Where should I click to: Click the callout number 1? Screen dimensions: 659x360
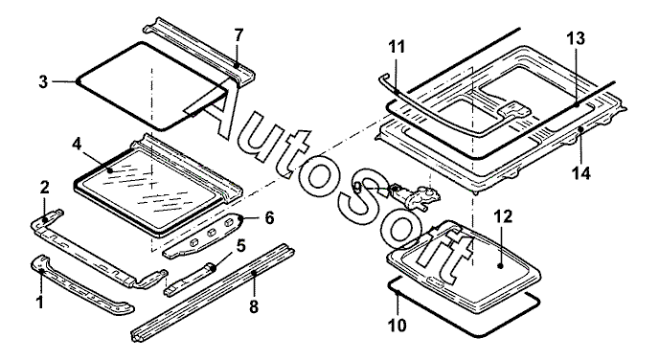pyautogui.click(x=40, y=302)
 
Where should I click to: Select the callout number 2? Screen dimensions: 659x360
pyautogui.click(x=45, y=188)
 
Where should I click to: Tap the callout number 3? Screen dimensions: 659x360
pyautogui.click(x=43, y=82)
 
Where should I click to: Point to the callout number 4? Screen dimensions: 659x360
pyautogui.click(x=77, y=144)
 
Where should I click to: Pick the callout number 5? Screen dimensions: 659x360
pyautogui.click(x=240, y=246)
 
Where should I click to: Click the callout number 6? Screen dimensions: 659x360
pyautogui.click(x=269, y=218)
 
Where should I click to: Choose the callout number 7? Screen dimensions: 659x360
pyautogui.click(x=239, y=35)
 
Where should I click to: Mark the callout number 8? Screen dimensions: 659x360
pyautogui.click(x=254, y=306)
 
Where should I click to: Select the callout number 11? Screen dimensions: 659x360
pyautogui.click(x=397, y=46)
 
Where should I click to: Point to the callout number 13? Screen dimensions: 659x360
pyautogui.click(x=576, y=38)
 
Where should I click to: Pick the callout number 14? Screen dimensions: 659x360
pyautogui.click(x=581, y=172)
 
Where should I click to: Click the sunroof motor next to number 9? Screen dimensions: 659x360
pyautogui.click(x=415, y=196)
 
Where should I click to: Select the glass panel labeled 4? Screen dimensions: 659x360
pyautogui.click(x=158, y=187)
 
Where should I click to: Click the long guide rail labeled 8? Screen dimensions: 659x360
pyautogui.click(x=214, y=293)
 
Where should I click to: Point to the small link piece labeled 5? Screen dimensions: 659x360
pyautogui.click(x=189, y=279)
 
